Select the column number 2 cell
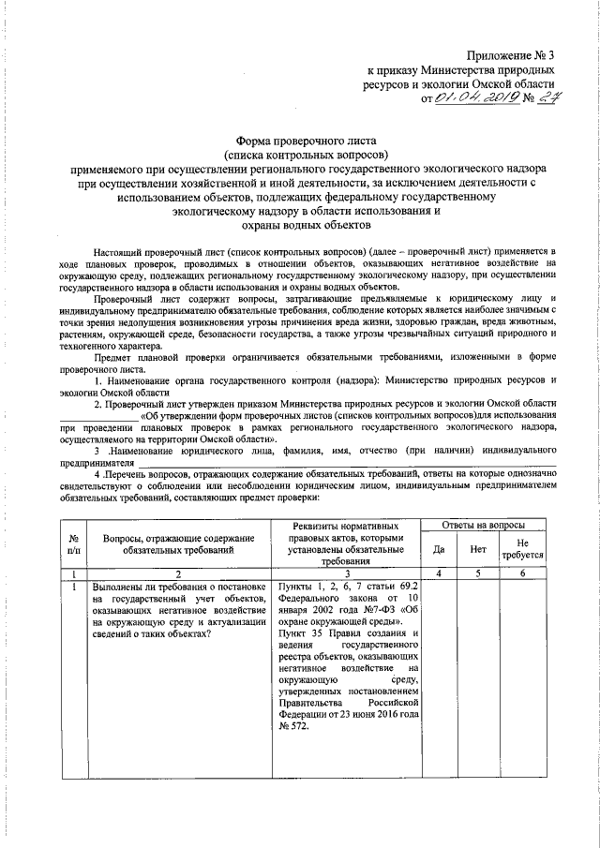point(180,572)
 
